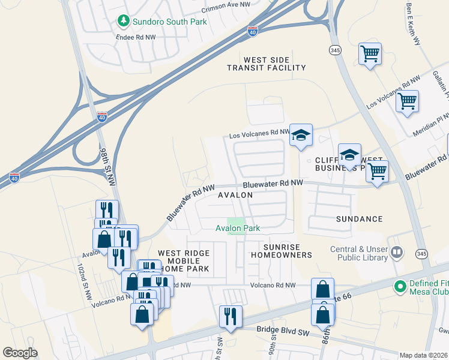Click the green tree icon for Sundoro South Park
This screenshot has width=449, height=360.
124,21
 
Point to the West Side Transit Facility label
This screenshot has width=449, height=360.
266,64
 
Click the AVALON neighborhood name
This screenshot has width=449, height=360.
235,196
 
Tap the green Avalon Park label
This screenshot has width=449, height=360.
238,228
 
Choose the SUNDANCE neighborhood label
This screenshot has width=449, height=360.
360,220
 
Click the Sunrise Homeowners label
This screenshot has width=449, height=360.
288,251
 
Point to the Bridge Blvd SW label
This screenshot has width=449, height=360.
282,329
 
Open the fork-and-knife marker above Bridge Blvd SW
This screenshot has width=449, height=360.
231,316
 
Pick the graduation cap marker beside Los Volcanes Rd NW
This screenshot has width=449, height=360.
301,136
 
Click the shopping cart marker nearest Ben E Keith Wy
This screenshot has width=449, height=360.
370,54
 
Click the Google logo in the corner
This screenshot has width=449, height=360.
20,352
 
